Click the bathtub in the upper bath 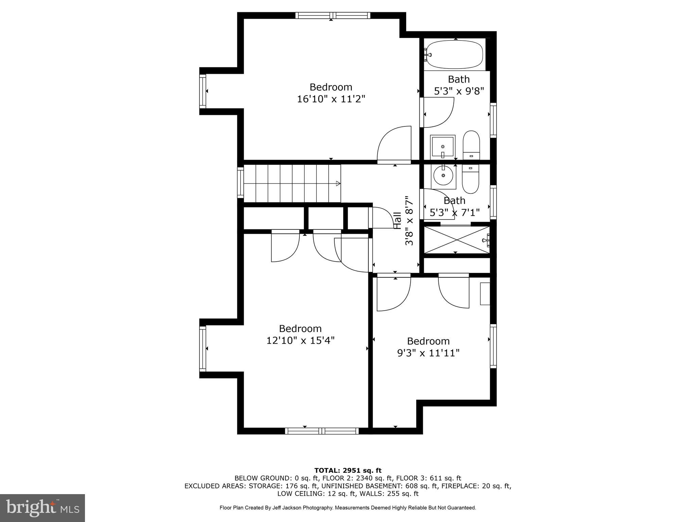pos(455,54)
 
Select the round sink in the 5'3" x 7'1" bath pos(443,175)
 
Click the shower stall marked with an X pos(456,240)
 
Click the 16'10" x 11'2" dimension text pos(331,99)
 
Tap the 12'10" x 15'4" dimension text pos(300,341)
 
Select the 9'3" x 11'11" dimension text pos(428,353)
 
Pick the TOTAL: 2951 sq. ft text pos(348,471)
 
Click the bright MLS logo pos(42,508)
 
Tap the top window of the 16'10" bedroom pos(333,15)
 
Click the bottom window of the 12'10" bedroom pos(321,431)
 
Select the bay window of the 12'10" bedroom pos(203,348)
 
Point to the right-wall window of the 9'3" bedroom pos(493,346)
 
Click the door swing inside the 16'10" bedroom pos(394,144)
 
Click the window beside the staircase pos(241,183)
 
